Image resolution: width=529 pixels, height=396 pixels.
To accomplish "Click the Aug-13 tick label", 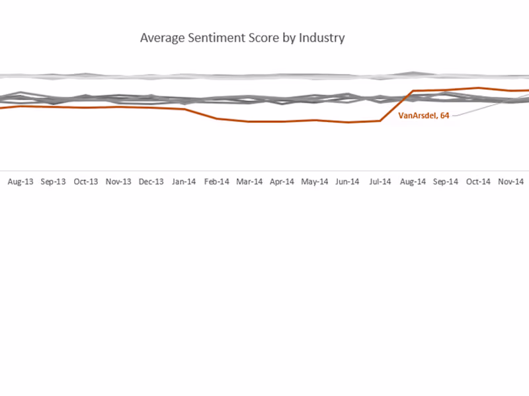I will coord(20,181).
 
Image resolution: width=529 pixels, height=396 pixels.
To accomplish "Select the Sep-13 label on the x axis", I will coord(53,181).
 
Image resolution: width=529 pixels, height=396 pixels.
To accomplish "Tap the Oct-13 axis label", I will coord(86,181).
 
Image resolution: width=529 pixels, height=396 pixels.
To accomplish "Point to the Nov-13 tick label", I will coord(118,181).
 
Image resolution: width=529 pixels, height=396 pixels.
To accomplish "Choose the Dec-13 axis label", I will coord(151,181).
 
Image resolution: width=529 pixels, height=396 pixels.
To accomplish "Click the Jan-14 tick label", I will coord(184,181).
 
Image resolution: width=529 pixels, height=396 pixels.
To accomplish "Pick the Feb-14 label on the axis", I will coord(216,181).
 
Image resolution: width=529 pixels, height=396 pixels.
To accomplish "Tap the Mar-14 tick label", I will coord(249,181).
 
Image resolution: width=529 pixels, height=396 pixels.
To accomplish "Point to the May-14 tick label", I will coord(315,181).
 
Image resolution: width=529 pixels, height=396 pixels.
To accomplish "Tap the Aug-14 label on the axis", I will coord(413,181).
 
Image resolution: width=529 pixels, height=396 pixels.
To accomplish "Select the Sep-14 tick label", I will coord(445,181).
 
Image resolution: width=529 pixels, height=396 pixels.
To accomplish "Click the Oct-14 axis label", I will coord(478,181).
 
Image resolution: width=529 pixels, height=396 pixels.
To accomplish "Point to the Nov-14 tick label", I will coord(510,181).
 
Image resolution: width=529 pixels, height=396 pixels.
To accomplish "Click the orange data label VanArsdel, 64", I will coord(424,115).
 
